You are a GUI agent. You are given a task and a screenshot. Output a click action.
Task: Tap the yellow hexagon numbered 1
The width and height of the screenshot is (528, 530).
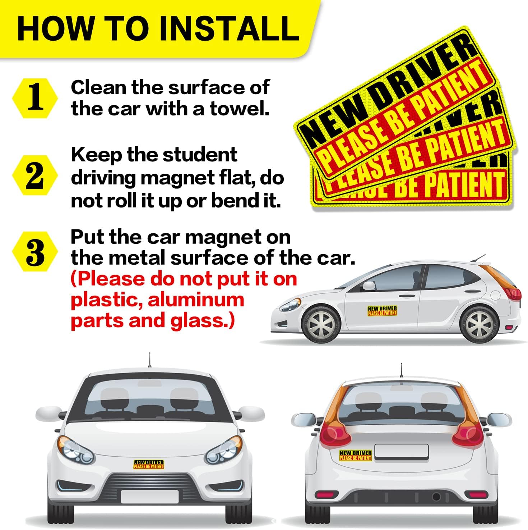(35, 98)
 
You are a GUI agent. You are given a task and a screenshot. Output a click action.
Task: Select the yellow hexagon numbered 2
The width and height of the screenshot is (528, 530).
(35, 175)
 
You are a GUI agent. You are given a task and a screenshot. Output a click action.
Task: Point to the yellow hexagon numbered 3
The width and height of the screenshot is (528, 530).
(35, 252)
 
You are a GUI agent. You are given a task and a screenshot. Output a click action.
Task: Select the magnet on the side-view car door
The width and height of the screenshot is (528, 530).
(382, 311)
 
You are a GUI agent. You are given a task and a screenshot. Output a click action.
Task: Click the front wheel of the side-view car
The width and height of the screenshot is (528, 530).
(321, 325)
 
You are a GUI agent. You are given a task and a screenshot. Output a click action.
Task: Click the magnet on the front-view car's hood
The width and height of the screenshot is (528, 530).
(149, 465)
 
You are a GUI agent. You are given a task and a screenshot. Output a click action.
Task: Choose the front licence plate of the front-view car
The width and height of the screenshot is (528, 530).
(150, 497)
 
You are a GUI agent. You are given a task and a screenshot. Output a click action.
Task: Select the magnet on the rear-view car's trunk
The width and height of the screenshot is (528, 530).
(355, 456)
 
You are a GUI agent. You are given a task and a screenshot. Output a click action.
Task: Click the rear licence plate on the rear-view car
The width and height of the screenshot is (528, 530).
(402, 452)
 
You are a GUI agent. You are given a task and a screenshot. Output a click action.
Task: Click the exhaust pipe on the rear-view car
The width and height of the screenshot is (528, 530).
(436, 497)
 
